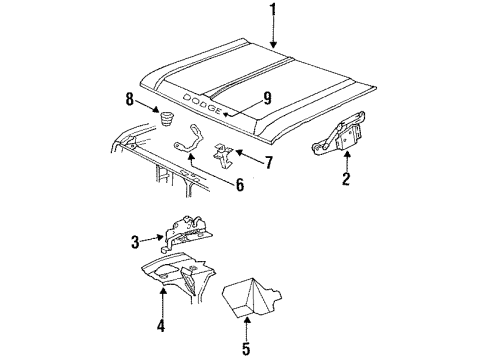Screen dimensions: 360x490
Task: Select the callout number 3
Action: pyautogui.click(x=136, y=240)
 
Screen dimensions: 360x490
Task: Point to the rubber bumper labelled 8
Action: pyautogui.click(x=161, y=121)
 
